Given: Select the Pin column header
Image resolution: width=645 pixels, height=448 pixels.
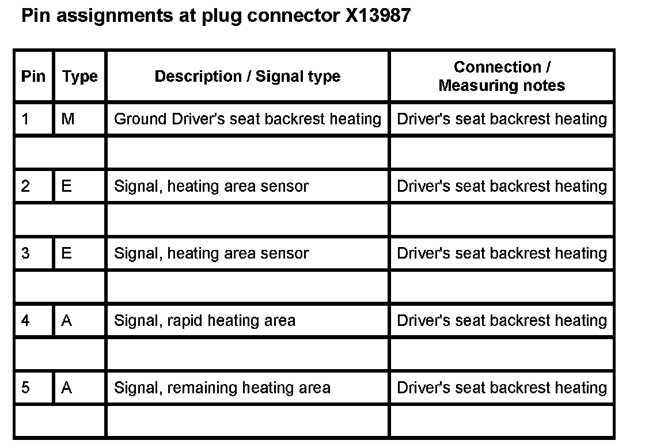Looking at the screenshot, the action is coord(33,77).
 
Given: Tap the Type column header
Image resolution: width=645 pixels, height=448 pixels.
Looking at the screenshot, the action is coord(79,77).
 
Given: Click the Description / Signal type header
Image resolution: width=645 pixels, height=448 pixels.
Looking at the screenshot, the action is coord(247,77).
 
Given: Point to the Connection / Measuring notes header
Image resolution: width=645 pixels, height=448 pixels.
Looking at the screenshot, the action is coord(502,77).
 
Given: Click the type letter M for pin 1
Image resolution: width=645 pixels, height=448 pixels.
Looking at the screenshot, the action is coord(67,119).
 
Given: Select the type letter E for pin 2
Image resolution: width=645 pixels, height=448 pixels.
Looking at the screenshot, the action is coord(66,186).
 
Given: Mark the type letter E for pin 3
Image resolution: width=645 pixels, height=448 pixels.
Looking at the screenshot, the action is coord(66,253).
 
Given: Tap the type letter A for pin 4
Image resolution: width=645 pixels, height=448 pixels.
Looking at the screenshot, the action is coord(66,320).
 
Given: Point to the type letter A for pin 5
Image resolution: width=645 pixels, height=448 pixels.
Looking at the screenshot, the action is coord(66,388).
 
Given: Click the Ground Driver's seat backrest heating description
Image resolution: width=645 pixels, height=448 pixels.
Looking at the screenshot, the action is coord(247,119).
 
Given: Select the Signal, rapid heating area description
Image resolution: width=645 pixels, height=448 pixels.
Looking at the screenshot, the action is coord(204,320).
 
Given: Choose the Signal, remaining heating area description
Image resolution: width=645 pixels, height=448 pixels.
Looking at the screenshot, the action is coord(222,388).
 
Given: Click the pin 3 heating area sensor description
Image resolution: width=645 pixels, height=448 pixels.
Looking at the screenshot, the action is coord(211,253).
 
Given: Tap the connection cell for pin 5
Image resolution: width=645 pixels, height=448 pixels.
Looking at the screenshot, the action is coord(502,388).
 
